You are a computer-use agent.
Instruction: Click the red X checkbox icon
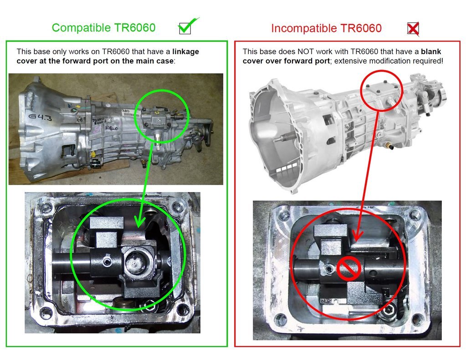pos(413,29)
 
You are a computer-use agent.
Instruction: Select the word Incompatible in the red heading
pos(304,29)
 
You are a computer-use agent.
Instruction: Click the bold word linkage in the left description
pos(185,52)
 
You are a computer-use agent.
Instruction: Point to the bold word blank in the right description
pos(431,51)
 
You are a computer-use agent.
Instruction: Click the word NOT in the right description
pos(306,51)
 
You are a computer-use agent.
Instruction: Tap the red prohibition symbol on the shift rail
pos(348,269)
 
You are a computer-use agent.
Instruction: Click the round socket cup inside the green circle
pos(136,260)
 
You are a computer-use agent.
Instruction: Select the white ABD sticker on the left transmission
pos(126,112)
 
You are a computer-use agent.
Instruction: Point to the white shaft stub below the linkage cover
pos(158,139)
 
